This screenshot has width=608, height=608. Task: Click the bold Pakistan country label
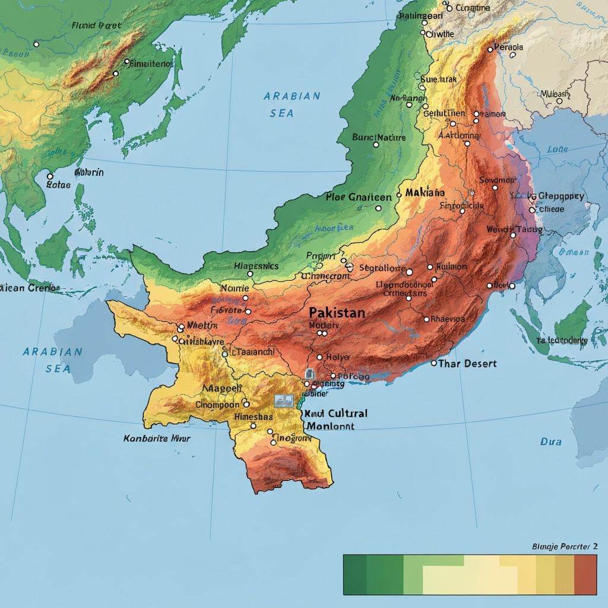(x=337, y=313)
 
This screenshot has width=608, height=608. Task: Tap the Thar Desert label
(x=467, y=363)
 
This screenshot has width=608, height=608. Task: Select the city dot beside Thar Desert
(x=433, y=363)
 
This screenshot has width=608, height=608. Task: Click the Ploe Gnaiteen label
(x=359, y=197)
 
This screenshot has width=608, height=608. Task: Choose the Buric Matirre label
(x=379, y=137)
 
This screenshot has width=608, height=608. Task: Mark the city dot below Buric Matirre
(x=375, y=144)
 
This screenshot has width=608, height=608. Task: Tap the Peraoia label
(x=509, y=47)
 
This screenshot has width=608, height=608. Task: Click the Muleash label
(x=555, y=94)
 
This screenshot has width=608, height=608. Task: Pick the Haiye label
(x=338, y=357)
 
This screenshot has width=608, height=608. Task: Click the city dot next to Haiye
(x=319, y=357)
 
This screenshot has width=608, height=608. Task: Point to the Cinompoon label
(x=217, y=404)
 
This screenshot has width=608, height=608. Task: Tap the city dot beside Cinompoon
(x=245, y=404)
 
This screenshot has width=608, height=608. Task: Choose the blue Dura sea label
(x=550, y=442)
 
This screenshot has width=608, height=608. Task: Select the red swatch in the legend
(x=585, y=575)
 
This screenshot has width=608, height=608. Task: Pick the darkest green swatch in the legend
(x=355, y=575)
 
